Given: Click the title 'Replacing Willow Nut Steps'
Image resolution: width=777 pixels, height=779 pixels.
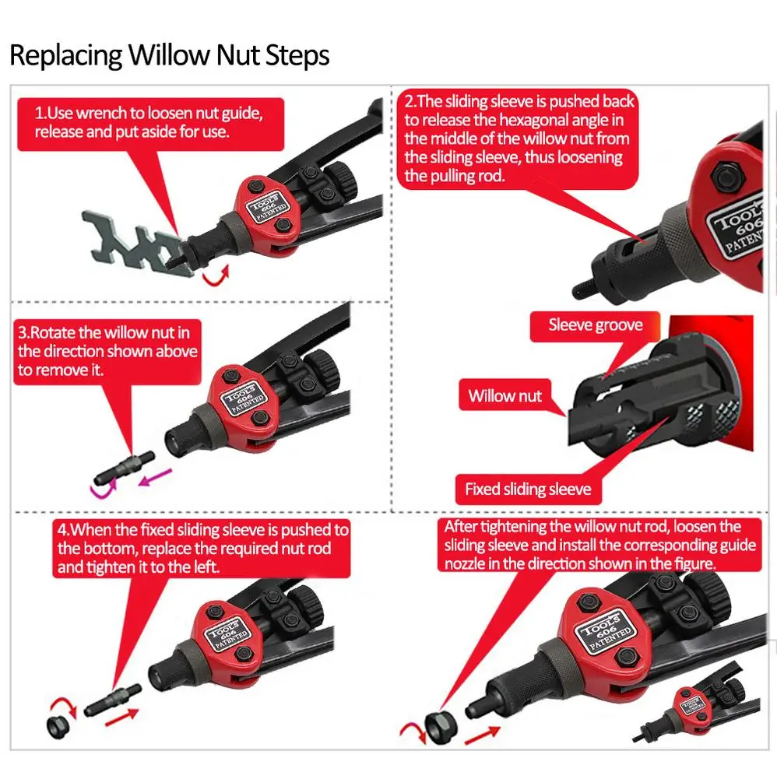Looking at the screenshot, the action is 169,54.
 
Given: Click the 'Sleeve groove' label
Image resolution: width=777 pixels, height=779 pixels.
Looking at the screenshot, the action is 595,325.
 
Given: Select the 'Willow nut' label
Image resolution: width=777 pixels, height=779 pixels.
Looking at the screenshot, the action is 505,396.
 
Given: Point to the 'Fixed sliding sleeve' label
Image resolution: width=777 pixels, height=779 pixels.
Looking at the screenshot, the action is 528,490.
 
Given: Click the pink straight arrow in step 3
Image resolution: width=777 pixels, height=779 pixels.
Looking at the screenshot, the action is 155,478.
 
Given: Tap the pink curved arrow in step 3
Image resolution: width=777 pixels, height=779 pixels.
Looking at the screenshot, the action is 103,488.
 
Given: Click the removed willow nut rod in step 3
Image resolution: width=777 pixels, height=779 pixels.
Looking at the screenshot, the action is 125,468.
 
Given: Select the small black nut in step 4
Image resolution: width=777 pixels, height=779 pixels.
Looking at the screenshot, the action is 58,727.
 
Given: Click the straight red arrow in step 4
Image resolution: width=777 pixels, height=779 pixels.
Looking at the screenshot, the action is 121,718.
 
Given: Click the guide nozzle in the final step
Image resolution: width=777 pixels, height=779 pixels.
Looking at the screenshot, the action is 441,727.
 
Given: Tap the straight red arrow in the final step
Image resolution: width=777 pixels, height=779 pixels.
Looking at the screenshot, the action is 482,735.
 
